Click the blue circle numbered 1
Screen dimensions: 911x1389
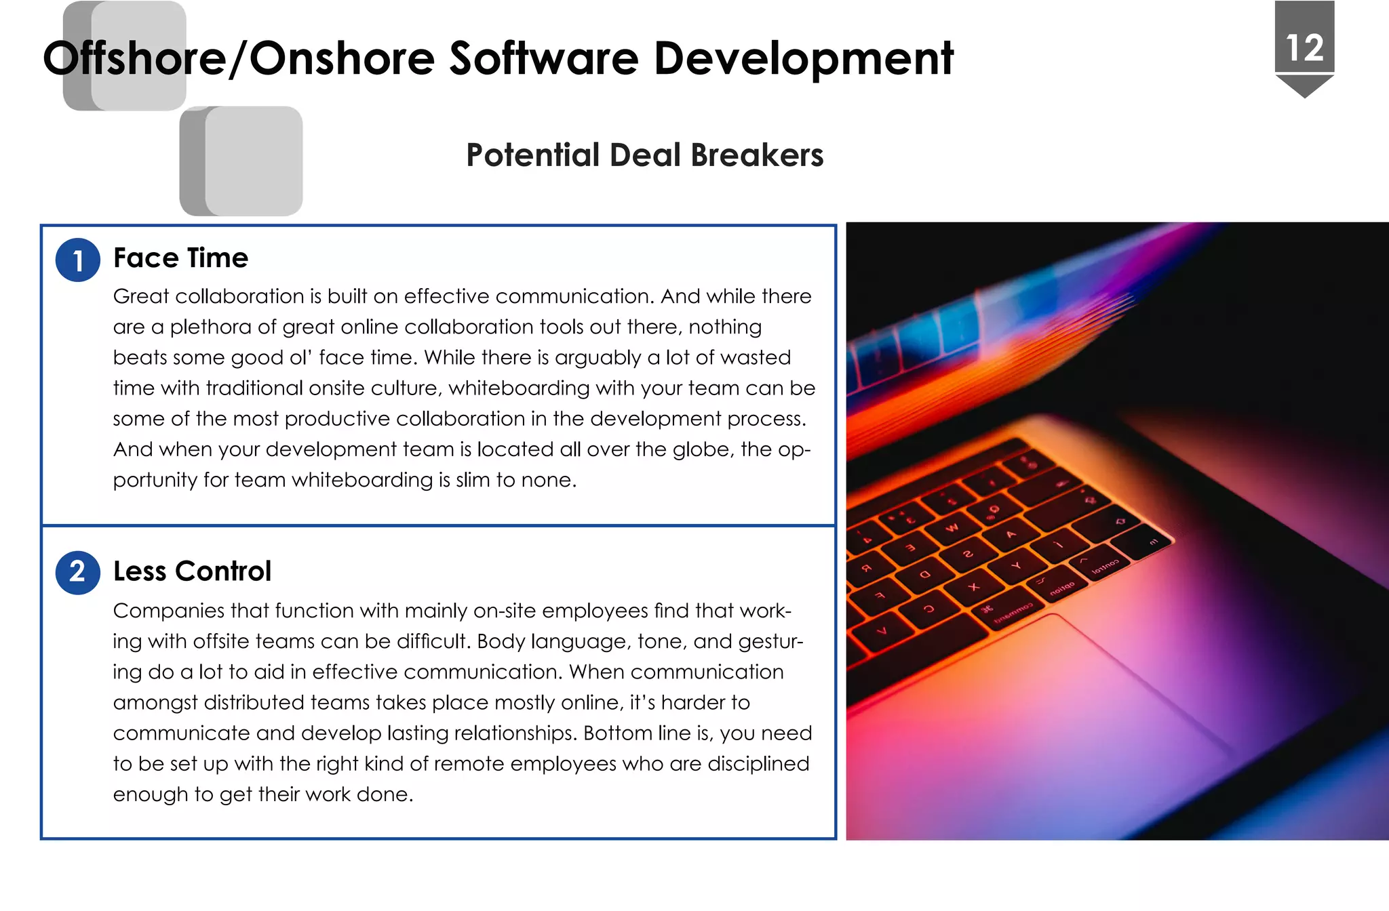78,260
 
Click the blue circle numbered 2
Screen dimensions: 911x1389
78,573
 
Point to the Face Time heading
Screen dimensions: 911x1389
180,258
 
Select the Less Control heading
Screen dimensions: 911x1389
192,571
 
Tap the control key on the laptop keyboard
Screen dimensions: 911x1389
1103,567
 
